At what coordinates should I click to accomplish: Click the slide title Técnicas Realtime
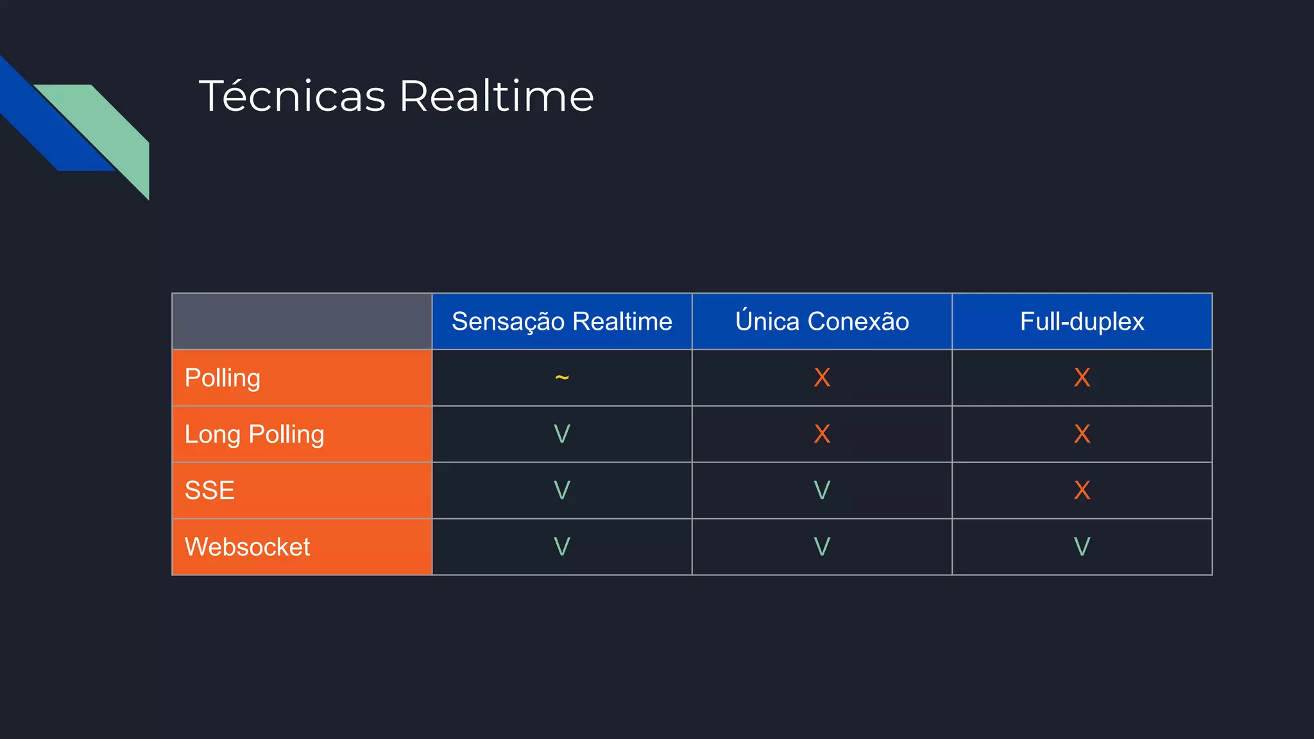[x=396, y=96]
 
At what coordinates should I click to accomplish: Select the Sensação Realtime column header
[x=561, y=321]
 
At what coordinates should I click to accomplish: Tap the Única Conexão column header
[x=822, y=321]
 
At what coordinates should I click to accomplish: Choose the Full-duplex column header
[x=1082, y=321]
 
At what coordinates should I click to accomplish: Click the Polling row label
[x=223, y=378]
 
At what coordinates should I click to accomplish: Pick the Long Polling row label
[x=254, y=434]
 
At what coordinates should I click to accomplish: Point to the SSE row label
[x=210, y=491]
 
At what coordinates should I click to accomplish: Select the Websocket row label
[x=247, y=547]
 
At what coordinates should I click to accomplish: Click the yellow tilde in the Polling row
[x=561, y=377]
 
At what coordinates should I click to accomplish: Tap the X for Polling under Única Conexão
[x=822, y=378]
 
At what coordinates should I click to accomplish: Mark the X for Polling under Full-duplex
[x=1082, y=378]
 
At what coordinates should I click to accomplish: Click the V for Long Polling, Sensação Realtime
[x=561, y=434]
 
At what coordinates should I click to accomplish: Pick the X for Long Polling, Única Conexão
[x=822, y=434]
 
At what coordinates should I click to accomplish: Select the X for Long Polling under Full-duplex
[x=1082, y=434]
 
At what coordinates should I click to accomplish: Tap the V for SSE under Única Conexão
[x=822, y=491]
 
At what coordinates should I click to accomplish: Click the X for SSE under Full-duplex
[x=1082, y=491]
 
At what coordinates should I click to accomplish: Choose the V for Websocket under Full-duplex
[x=1082, y=547]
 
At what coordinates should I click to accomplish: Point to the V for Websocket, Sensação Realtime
[x=561, y=547]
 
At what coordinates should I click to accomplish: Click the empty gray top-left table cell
[x=302, y=321]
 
